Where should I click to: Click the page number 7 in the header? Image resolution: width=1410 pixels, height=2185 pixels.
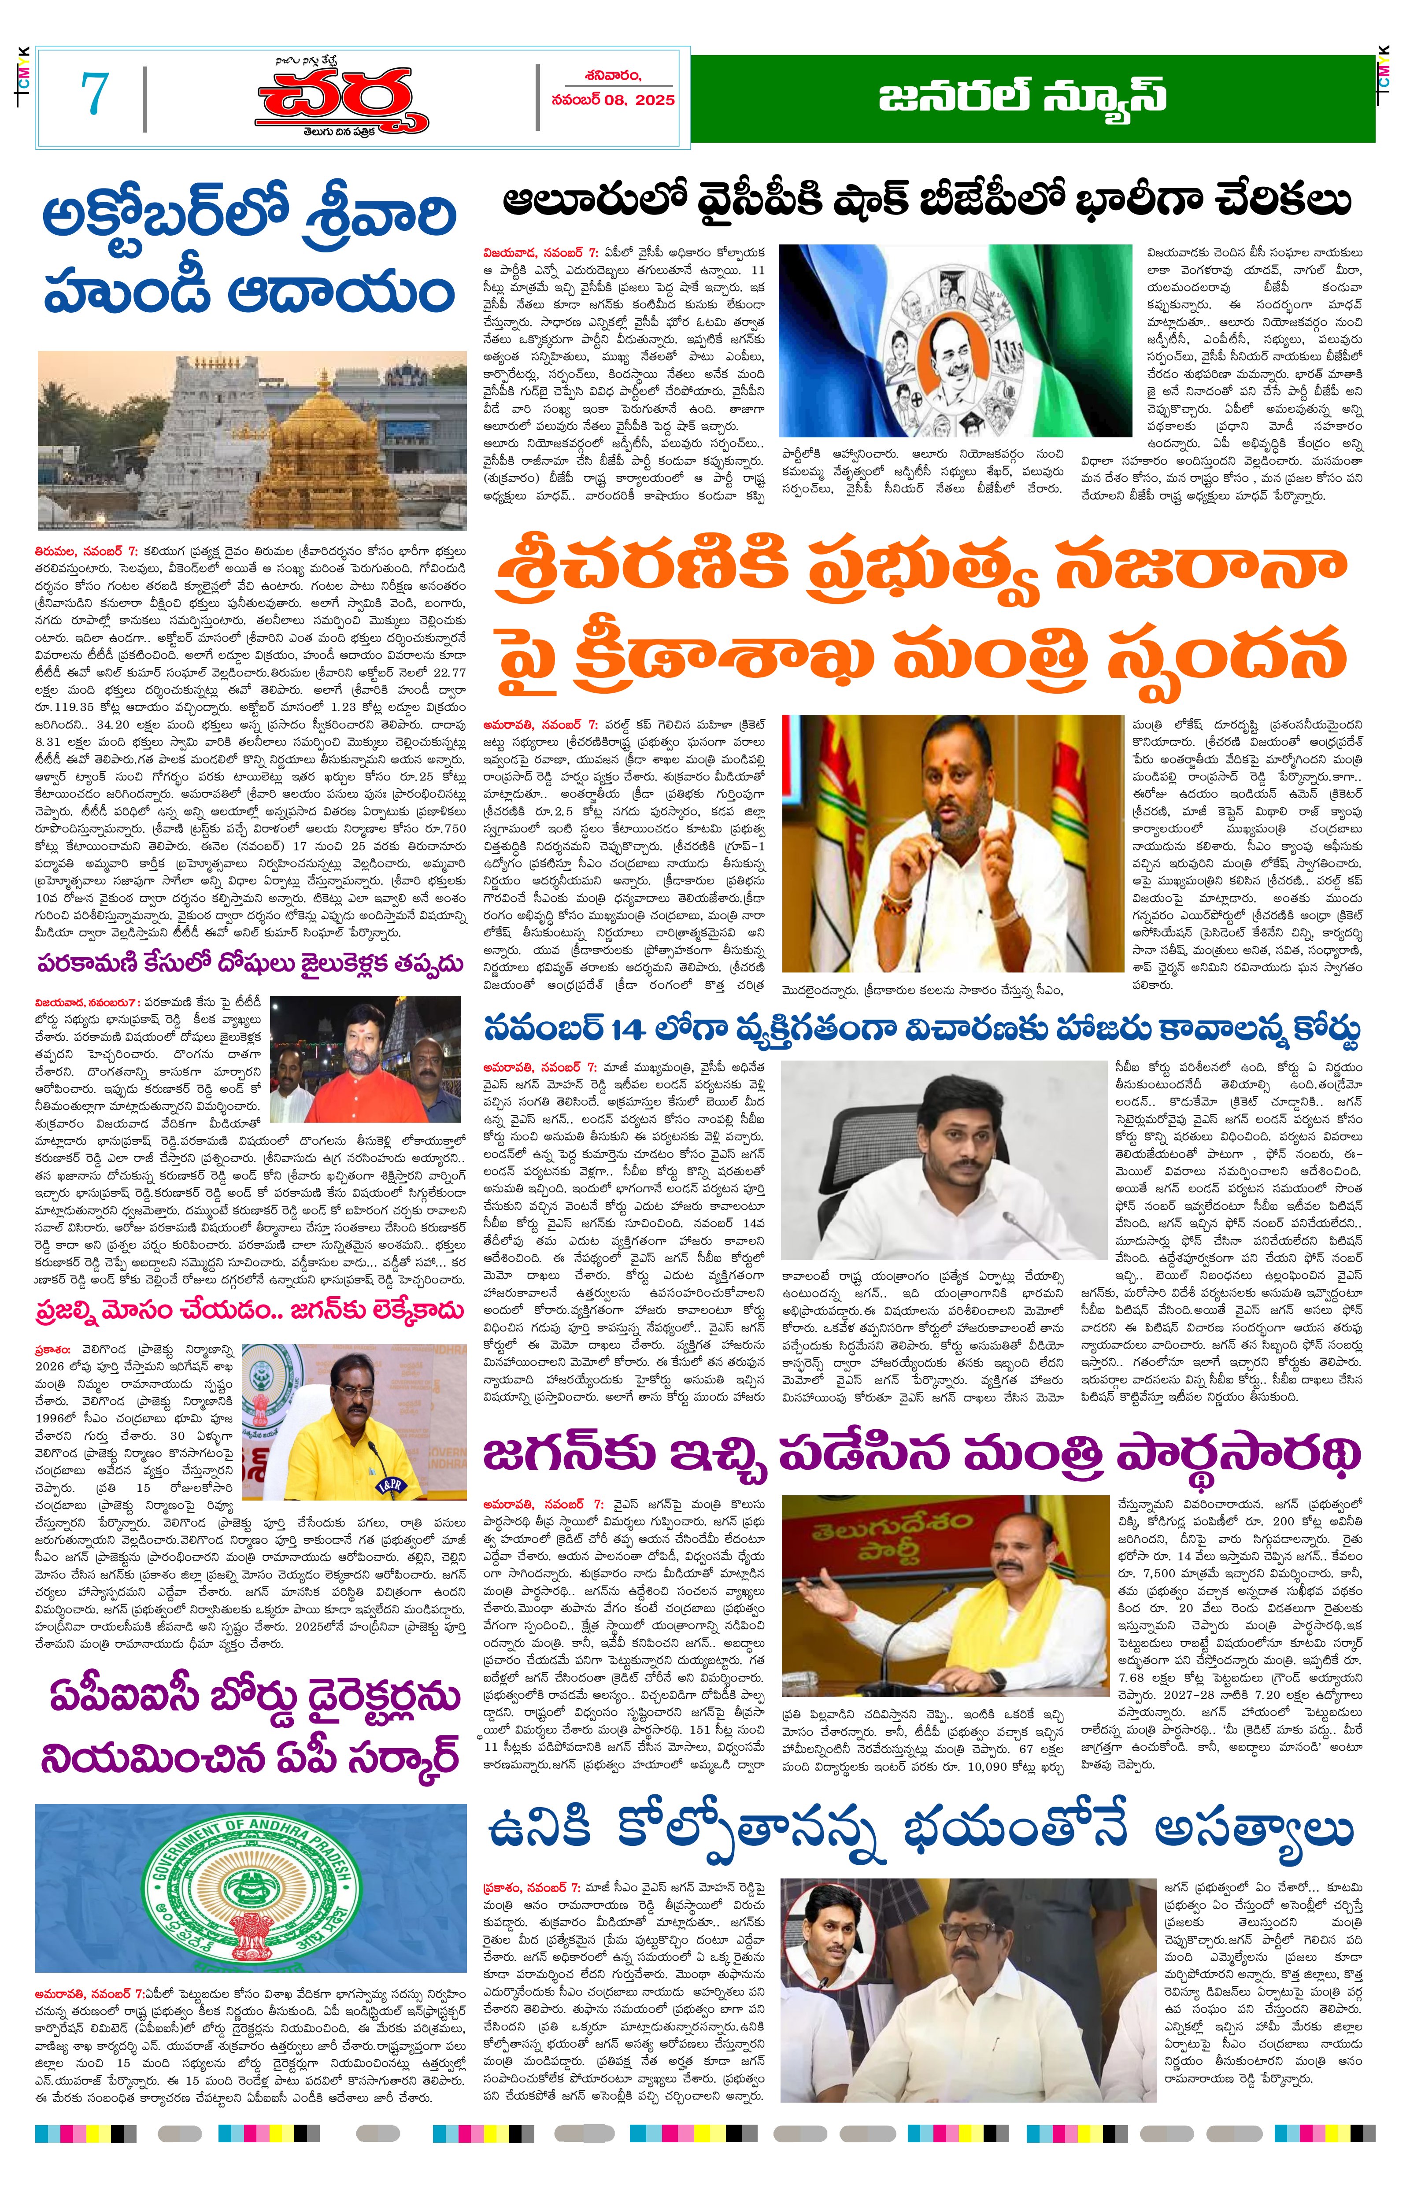[x=94, y=94]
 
